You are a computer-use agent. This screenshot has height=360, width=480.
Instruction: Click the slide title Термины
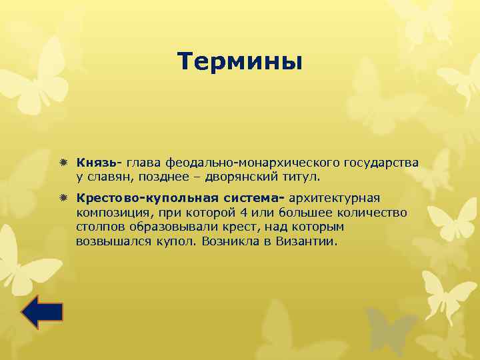[240, 62]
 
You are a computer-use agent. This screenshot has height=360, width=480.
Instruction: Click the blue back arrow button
[42, 313]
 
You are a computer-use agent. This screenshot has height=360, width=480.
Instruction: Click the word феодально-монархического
[254, 163]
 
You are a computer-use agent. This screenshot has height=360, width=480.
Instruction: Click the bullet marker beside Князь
[63, 163]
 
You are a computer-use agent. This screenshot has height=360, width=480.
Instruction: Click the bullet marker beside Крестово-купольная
[63, 198]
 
